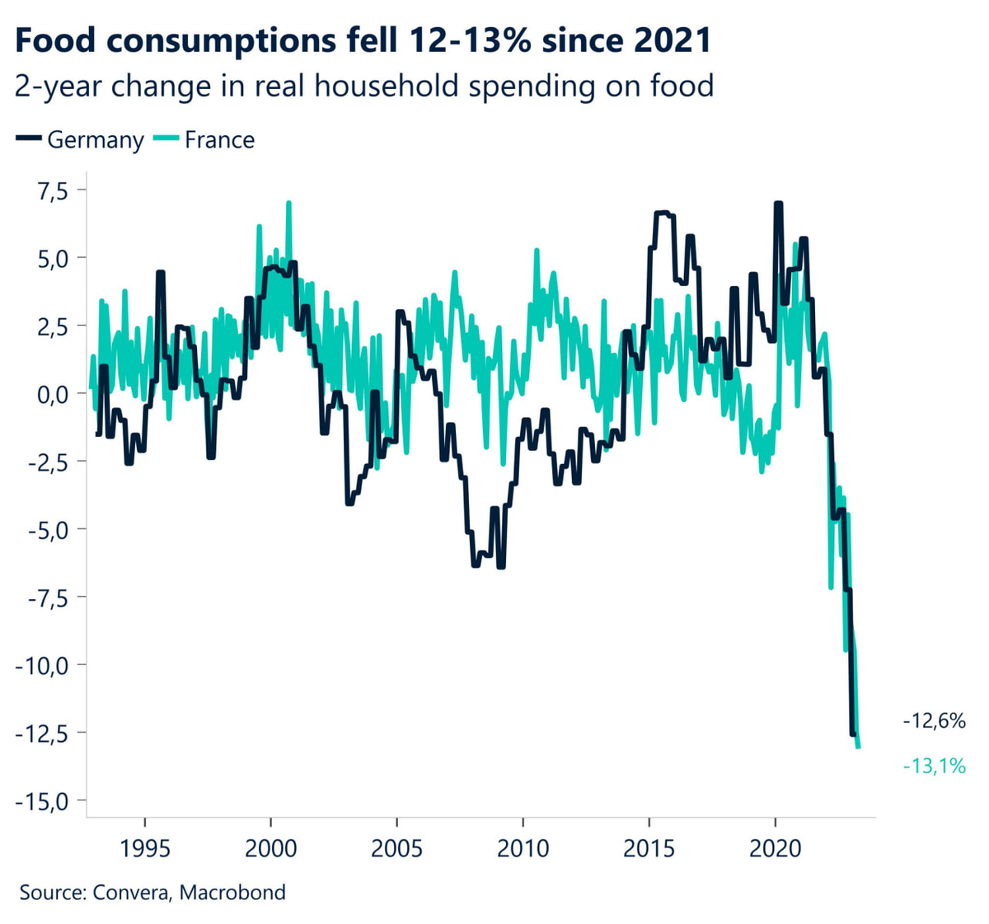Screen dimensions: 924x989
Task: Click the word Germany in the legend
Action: (x=96, y=140)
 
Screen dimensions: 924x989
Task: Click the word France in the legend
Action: (x=219, y=140)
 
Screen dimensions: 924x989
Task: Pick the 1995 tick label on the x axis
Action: (x=145, y=848)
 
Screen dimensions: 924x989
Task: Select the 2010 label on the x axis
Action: (x=523, y=848)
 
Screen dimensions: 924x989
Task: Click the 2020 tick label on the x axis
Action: (x=775, y=848)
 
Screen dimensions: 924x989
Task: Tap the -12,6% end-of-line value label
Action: (x=934, y=721)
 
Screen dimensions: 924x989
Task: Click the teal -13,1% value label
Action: (x=934, y=767)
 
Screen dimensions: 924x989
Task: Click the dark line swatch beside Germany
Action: (x=29, y=140)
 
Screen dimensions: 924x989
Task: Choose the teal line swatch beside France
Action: (x=166, y=140)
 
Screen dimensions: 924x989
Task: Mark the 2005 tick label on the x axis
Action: (x=396, y=848)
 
